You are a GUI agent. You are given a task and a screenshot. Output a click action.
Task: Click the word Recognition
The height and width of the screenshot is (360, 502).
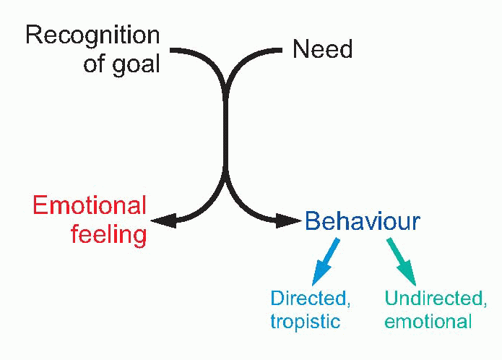tap(92, 34)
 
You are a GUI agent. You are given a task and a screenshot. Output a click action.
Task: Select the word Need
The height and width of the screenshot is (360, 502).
tap(322, 49)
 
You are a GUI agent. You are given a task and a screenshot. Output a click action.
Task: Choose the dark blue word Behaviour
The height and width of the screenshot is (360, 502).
tap(362, 221)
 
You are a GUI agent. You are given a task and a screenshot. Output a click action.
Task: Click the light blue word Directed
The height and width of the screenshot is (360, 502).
tap(300, 298)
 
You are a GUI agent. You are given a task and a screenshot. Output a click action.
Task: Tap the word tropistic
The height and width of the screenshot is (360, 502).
tap(304, 321)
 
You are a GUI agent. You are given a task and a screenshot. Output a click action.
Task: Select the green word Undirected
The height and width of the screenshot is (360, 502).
tap(436, 298)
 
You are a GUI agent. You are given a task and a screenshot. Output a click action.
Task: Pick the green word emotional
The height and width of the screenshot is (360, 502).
tap(428, 321)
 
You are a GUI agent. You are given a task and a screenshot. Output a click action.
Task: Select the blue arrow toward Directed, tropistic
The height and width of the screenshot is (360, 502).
tap(326, 261)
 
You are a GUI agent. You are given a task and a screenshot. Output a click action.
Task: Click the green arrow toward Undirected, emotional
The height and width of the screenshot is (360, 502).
tap(400, 261)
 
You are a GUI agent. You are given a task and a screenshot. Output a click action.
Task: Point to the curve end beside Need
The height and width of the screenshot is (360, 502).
tap(277, 50)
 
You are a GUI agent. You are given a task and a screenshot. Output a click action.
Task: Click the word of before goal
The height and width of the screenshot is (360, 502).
tap(95, 64)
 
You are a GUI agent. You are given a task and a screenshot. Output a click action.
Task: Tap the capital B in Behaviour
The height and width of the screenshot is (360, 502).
tap(311, 221)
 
